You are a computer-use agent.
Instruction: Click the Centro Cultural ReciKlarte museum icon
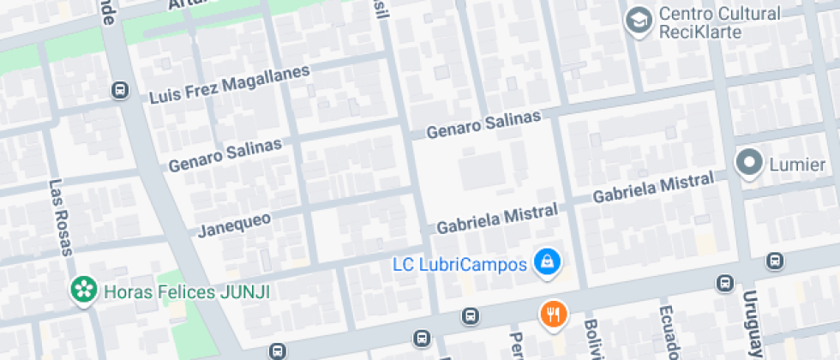tap(639, 20)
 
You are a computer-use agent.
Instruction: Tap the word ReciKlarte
tap(696, 33)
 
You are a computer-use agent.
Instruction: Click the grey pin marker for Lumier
tap(750, 163)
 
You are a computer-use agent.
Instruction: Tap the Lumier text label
tap(796, 165)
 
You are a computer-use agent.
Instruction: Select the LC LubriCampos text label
tap(459, 264)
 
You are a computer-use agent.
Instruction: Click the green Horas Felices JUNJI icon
tap(83, 291)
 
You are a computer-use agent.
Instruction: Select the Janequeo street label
tap(234, 224)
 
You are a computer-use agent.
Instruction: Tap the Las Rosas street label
tap(59, 217)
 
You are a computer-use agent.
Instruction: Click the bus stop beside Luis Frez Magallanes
tap(120, 89)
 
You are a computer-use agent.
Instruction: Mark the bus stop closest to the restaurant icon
tap(470, 316)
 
